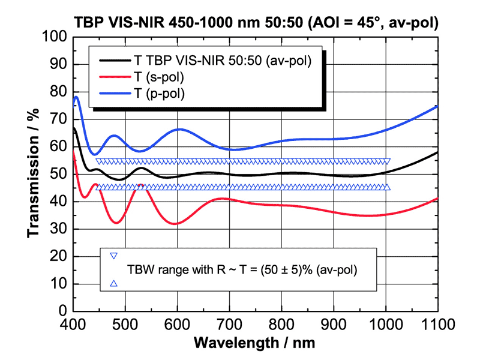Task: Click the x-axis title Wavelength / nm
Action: pos(255,343)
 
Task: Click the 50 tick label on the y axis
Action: pos(59,174)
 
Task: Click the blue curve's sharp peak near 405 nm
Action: pos(77,97)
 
